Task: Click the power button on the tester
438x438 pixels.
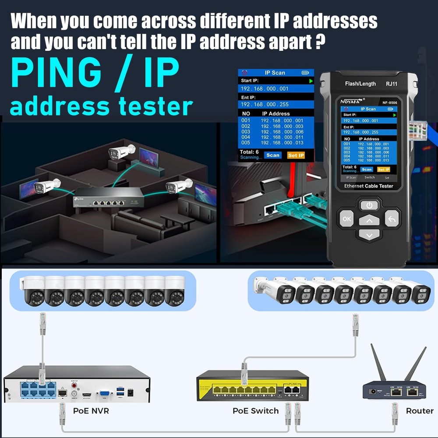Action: [x=369, y=205]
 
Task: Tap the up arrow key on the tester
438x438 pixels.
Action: [x=369, y=220]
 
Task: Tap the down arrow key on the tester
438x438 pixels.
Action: [x=369, y=235]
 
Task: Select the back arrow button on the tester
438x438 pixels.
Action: [x=392, y=218]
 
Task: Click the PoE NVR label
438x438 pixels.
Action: [x=91, y=411]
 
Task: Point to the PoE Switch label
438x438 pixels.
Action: [x=255, y=411]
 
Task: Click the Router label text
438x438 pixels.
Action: [x=420, y=411]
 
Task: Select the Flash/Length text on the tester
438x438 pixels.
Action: [x=360, y=84]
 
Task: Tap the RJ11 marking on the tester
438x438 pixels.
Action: [x=391, y=84]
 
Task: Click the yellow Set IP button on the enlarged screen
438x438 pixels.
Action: [x=296, y=155]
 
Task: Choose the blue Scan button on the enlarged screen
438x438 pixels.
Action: [x=272, y=155]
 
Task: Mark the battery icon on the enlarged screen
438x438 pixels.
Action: [x=305, y=73]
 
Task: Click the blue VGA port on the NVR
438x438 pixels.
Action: [x=105, y=394]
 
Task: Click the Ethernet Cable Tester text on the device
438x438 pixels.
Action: [x=368, y=186]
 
